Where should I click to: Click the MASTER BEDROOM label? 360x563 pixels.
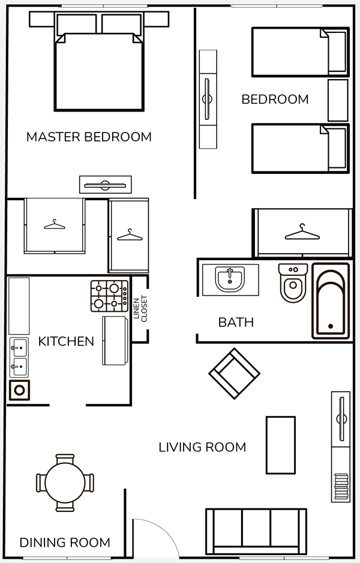(89, 137)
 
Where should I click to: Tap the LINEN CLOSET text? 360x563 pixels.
(140, 309)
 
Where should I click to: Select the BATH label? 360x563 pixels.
(236, 322)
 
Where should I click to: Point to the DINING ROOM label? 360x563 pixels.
(65, 543)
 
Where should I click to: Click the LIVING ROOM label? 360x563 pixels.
(202, 447)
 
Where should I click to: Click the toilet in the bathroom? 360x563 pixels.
(293, 283)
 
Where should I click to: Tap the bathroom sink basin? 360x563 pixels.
(230, 279)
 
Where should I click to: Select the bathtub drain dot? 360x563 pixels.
(331, 326)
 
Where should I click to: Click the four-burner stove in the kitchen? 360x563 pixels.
(110, 296)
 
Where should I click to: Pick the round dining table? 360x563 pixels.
(65, 483)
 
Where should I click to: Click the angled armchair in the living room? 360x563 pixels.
(234, 374)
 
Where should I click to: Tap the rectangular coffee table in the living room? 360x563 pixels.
(281, 445)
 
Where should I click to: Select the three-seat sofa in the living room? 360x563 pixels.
(256, 531)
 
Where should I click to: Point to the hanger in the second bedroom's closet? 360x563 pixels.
(302, 232)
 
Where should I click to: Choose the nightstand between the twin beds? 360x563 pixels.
(338, 100)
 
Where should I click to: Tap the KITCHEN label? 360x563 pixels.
(66, 341)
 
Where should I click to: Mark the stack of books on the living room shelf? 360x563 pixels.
(341, 486)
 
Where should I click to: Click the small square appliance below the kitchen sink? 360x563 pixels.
(19, 390)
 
